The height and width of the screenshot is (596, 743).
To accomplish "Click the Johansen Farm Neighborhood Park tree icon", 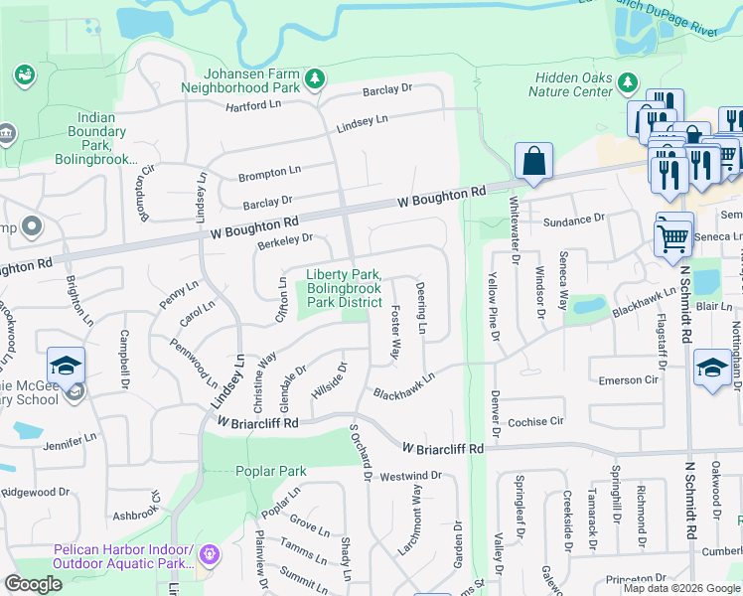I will (315, 77).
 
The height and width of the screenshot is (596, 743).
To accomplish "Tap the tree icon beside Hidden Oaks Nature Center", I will (627, 80).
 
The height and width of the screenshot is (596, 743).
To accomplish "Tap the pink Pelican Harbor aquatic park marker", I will (209, 553).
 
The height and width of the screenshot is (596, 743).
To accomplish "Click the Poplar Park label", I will (271, 471).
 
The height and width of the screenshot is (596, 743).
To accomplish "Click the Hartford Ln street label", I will (253, 105).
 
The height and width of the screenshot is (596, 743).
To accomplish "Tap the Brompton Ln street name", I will (269, 175).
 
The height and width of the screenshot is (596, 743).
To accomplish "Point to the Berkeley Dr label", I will (285, 237).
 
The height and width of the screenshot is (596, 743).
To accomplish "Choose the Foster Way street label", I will (395, 334).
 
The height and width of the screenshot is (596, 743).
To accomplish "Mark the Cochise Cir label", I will (535, 421).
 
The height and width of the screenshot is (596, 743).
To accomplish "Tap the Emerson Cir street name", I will (629, 379).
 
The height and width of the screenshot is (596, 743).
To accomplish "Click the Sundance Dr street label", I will (573, 218).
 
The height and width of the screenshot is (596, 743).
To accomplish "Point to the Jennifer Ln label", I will (69, 436).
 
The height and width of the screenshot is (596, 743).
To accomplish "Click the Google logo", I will (34, 584).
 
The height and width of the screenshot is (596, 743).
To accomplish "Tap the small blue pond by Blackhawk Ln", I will (584, 307).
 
